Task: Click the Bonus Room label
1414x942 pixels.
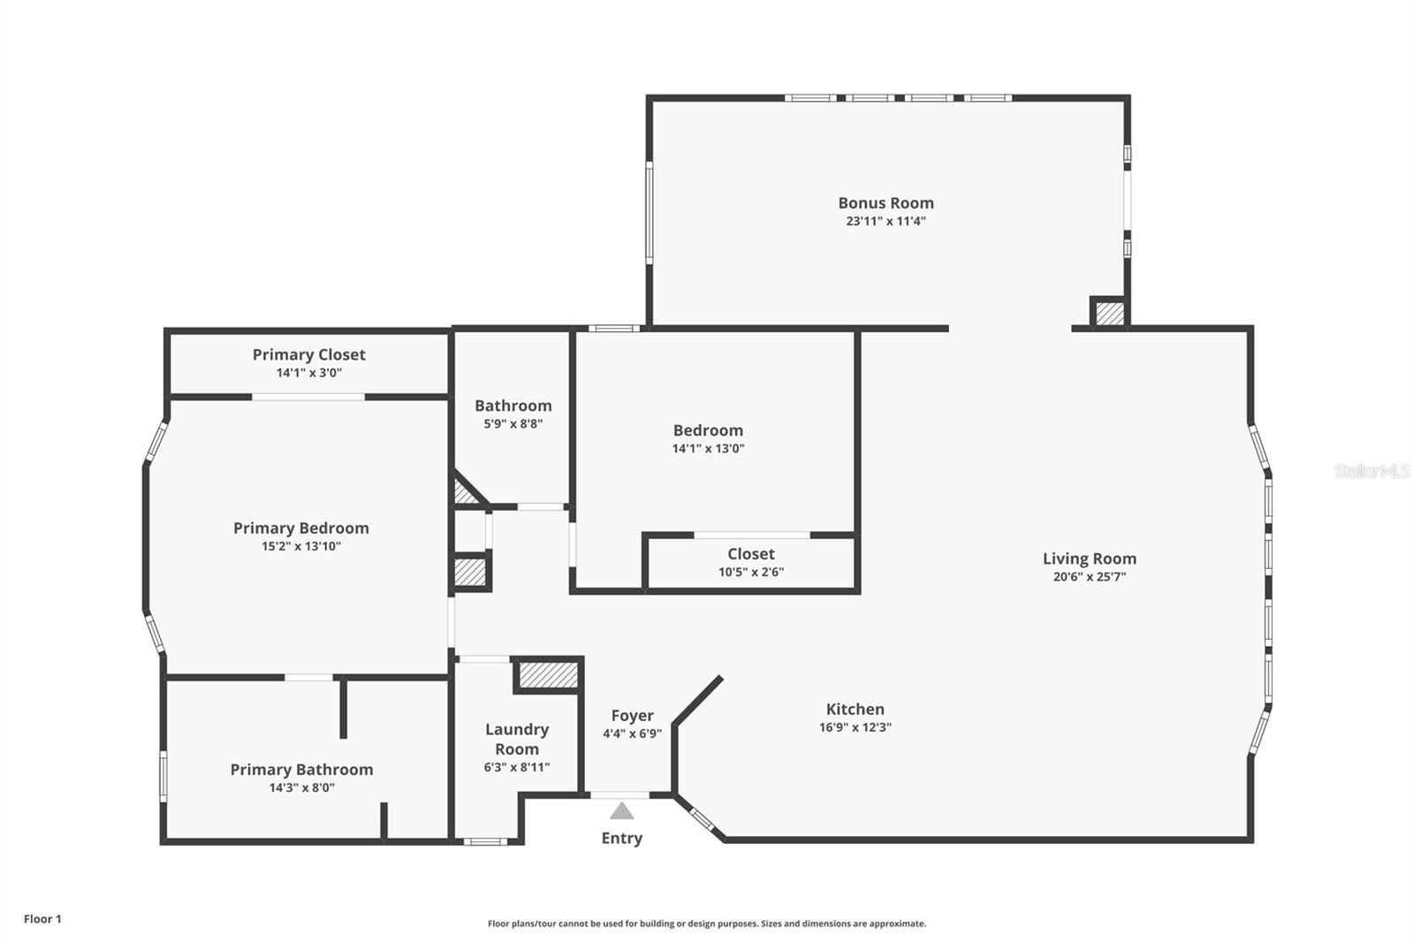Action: [886, 202]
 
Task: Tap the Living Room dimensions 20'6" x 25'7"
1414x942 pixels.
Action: [1090, 576]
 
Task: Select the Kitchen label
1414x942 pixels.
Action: [855, 709]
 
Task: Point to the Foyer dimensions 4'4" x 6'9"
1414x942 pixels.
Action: [632, 733]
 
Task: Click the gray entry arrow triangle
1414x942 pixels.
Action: [622, 810]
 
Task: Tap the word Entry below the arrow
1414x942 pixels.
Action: [622, 838]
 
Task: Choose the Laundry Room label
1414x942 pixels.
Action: [517, 739]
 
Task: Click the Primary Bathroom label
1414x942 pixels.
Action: [301, 770]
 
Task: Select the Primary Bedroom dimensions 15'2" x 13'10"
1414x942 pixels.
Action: [301, 546]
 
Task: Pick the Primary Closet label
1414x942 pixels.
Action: [308, 355]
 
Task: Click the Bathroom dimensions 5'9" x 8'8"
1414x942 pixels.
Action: [513, 423]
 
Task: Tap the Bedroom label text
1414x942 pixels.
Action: [708, 430]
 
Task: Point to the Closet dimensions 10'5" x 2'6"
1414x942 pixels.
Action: [751, 572]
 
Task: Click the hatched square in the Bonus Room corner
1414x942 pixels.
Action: [1110, 314]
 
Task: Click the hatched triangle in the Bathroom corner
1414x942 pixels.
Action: [465, 490]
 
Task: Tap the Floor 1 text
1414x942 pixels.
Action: [43, 919]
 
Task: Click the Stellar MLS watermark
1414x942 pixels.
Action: [1372, 470]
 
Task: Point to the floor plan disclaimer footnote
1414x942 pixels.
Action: [707, 923]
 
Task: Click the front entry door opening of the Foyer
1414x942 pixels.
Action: [620, 795]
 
